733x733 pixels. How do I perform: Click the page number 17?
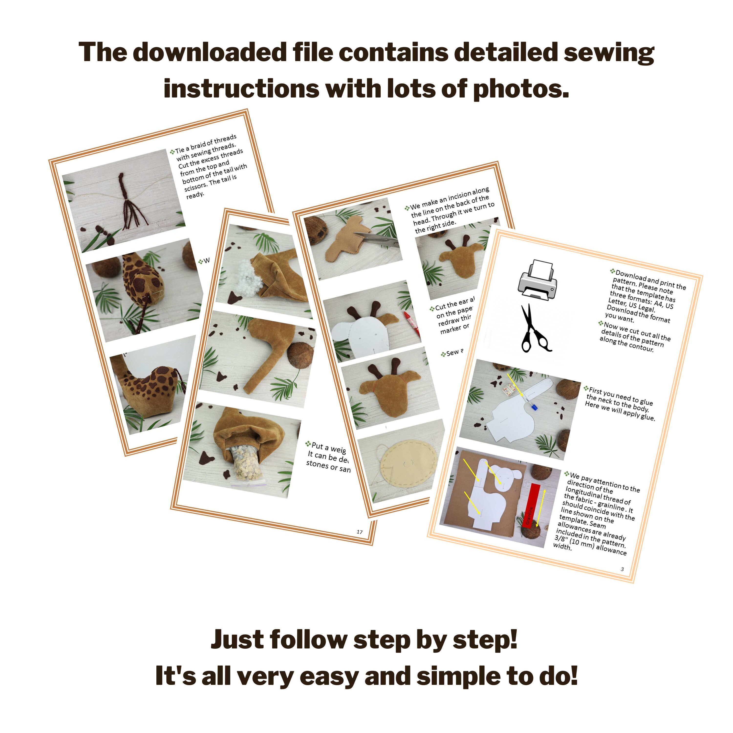click(359, 532)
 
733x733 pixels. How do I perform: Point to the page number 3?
click(622, 569)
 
